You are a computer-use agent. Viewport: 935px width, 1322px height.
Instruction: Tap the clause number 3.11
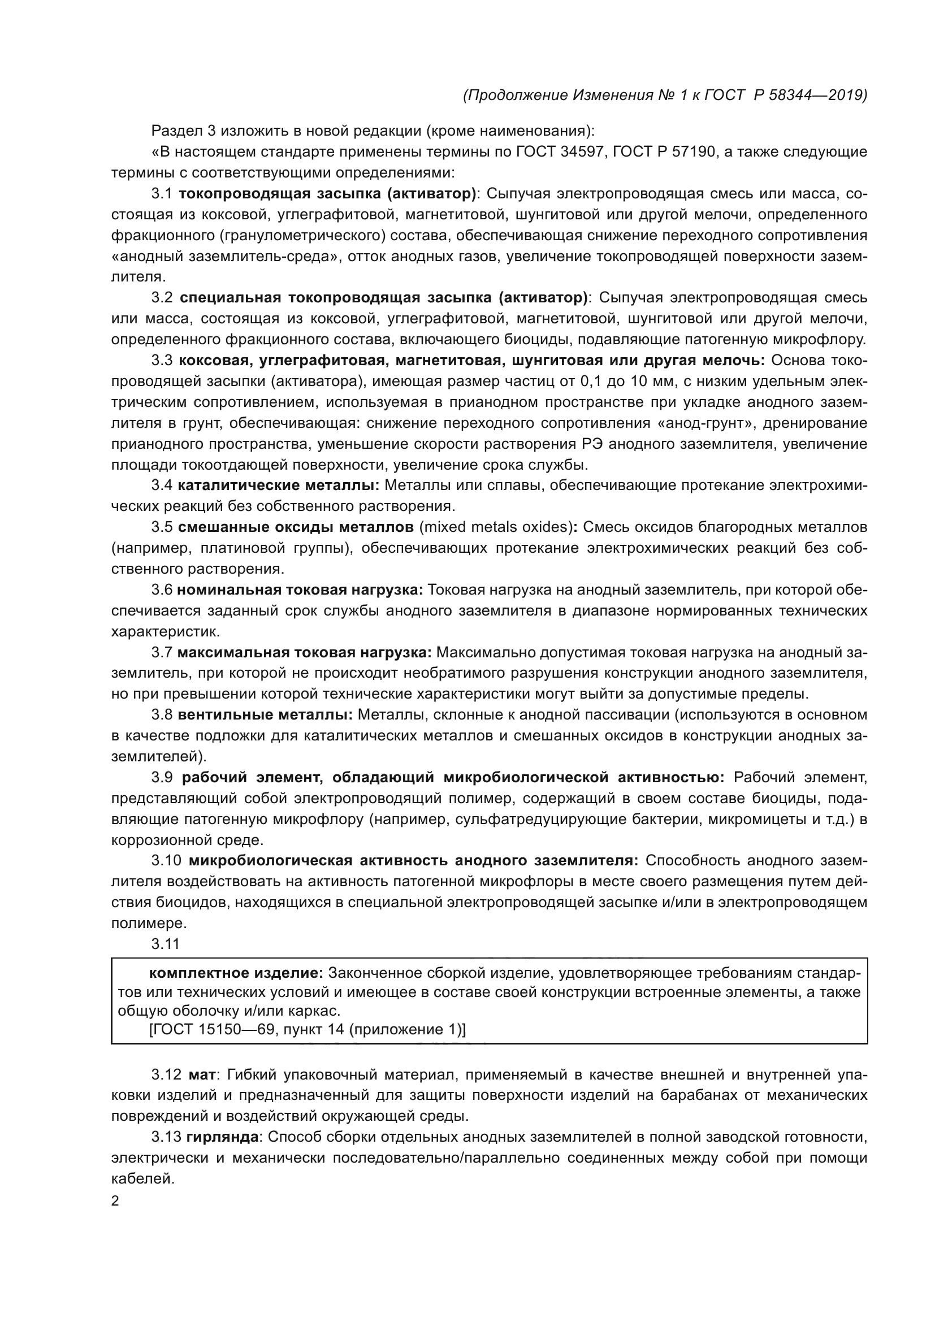coord(165,944)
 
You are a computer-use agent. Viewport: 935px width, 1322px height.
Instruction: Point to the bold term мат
coord(201,1074)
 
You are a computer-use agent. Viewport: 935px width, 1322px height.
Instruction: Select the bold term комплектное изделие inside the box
coord(236,973)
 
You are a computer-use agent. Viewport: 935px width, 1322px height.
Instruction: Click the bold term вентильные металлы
coord(265,714)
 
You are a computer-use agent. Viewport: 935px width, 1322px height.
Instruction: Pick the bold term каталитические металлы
coord(278,486)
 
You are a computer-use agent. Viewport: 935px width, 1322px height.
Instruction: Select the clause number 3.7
coord(162,652)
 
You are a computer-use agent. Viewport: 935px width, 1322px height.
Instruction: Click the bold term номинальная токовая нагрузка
coord(300,590)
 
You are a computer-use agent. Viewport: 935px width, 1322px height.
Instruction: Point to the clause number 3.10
coord(166,860)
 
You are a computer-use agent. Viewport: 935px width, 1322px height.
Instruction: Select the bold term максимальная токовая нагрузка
coord(305,652)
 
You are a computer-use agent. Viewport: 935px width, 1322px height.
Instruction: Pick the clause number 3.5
coord(162,527)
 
